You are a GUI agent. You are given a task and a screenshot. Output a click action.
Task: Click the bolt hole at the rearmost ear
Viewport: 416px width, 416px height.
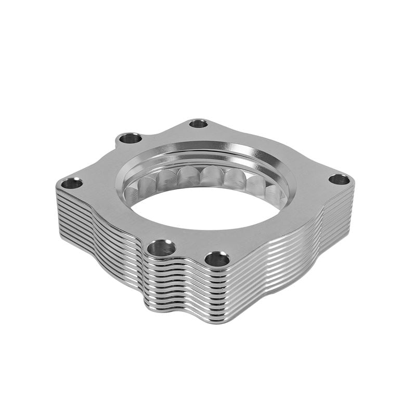pos(198,124)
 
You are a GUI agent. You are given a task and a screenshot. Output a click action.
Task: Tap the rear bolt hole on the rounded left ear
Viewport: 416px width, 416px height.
pos(130,138)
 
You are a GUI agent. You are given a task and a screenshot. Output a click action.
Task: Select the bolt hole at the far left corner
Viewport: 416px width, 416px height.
pos(71,183)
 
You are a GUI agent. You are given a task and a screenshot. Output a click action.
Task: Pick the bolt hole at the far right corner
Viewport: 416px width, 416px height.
pos(339,180)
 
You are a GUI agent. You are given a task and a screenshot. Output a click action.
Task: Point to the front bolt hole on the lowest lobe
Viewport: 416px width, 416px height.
pos(217,258)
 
